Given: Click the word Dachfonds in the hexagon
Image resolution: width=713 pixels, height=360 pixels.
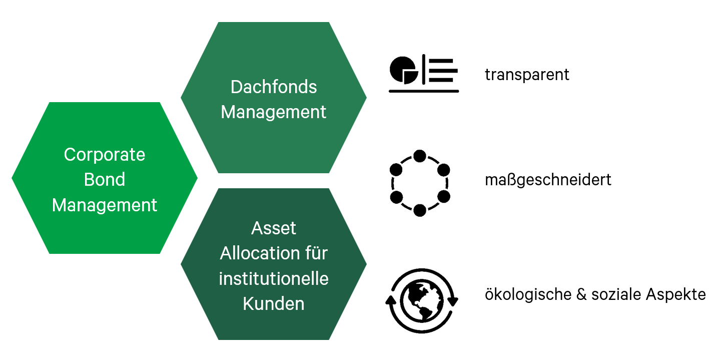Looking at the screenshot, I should [x=274, y=87].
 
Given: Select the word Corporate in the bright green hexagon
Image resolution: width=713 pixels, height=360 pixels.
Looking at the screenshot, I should [x=105, y=155].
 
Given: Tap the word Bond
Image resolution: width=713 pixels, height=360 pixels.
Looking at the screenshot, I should [x=105, y=180].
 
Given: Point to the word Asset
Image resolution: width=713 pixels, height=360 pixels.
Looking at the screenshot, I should [x=274, y=228].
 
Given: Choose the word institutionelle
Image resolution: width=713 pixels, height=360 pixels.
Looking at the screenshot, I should [x=274, y=278].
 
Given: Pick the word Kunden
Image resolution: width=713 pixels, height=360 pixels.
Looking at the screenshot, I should [x=274, y=303].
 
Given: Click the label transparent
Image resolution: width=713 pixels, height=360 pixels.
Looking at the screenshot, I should [x=527, y=75].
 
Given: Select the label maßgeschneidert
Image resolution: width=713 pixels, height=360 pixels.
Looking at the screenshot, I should [x=548, y=180].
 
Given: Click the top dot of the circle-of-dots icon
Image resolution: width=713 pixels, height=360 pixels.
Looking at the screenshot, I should [x=420, y=156].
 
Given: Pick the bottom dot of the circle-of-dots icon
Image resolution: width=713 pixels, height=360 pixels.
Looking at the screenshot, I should [x=420, y=210].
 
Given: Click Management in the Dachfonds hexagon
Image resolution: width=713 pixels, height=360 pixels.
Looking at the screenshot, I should [x=274, y=112].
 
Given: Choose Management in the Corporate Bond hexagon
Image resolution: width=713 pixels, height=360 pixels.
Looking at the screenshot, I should [x=105, y=205].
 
